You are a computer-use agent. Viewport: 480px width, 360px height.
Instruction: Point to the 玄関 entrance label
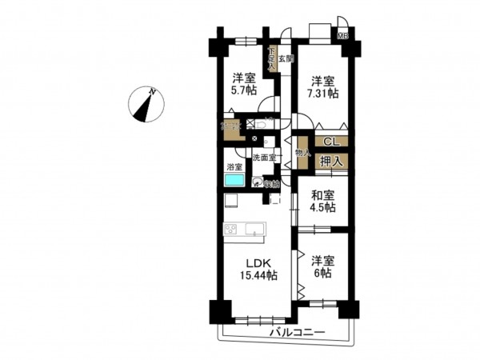pos(286,59)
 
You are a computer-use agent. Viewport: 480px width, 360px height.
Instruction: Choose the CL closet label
pos(330,143)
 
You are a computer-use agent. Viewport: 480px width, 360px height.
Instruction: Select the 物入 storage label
pos(302,153)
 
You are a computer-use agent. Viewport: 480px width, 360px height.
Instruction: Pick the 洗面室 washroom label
pos(264,158)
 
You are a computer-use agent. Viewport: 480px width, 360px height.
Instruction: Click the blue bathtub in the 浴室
pos(234,181)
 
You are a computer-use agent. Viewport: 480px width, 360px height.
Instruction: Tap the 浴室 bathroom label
pos(234,166)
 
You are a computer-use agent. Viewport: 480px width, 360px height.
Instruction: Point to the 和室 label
pos(323,194)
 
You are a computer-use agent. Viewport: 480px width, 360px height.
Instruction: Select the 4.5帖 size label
pos(323,208)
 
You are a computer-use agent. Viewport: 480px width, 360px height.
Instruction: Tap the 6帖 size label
pos(322,273)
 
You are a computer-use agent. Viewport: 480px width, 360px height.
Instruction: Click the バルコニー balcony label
pos(297,331)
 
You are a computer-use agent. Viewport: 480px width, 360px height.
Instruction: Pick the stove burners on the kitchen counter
pos(231,230)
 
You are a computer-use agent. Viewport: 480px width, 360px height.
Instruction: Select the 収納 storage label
pos(272,183)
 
